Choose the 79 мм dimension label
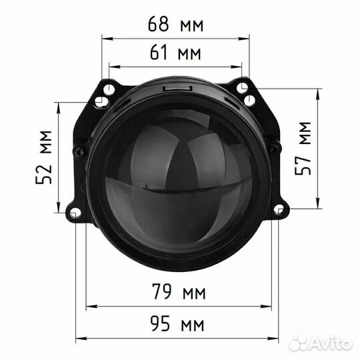point(179,292)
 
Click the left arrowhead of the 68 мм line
point(105,38)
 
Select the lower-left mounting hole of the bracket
point(75,213)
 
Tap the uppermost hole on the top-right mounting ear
point(244,88)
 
